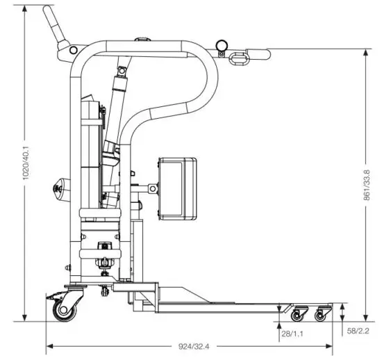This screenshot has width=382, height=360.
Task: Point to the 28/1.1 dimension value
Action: (291, 334)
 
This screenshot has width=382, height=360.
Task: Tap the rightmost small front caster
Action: (321, 315)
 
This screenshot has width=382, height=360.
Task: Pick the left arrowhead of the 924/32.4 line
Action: (49, 347)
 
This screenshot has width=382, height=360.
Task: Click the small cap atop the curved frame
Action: (144, 40)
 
